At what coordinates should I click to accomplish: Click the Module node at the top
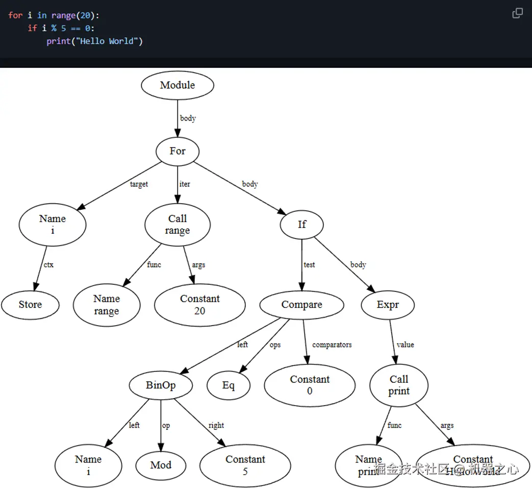click(x=178, y=85)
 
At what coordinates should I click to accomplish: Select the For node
click(x=178, y=151)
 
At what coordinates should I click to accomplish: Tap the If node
click(x=301, y=225)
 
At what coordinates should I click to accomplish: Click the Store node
click(x=30, y=305)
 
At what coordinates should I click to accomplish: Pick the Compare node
click(x=301, y=305)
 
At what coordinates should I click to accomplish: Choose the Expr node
click(x=388, y=305)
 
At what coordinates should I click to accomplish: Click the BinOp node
click(x=161, y=385)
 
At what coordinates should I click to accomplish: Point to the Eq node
click(x=229, y=385)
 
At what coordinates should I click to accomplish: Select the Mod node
click(x=161, y=465)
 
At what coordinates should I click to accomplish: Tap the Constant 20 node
click(x=200, y=305)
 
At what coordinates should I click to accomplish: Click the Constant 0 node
click(x=310, y=385)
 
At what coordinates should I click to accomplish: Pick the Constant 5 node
click(x=245, y=465)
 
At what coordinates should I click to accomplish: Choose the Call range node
click(x=178, y=225)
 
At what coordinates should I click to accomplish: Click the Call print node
click(x=399, y=385)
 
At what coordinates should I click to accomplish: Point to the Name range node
click(x=107, y=305)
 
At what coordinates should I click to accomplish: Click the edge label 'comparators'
click(x=332, y=345)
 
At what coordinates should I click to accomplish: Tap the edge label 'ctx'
click(x=48, y=265)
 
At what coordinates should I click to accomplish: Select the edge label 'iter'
click(x=185, y=184)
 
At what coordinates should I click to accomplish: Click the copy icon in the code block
click(x=517, y=13)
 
